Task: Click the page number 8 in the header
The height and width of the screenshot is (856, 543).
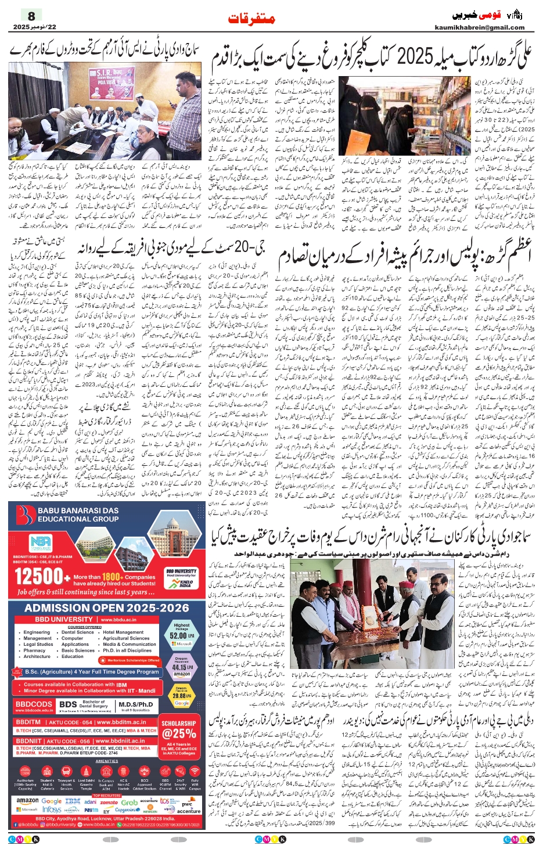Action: [x=31, y=16]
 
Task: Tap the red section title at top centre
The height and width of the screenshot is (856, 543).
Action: [x=252, y=18]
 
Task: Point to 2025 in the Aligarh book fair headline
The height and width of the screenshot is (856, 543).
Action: [x=415, y=57]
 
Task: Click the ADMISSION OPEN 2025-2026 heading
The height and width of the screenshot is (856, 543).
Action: [x=107, y=607]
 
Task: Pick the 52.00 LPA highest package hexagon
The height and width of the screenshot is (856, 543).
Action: [x=182, y=635]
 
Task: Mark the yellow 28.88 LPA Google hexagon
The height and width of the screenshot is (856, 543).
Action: [x=182, y=695]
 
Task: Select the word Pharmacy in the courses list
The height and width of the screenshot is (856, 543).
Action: [x=35, y=650]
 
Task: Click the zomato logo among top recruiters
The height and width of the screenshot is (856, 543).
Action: [x=109, y=802]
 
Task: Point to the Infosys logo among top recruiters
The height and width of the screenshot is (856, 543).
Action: [x=52, y=810]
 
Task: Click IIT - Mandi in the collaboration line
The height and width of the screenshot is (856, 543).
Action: [x=139, y=690]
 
